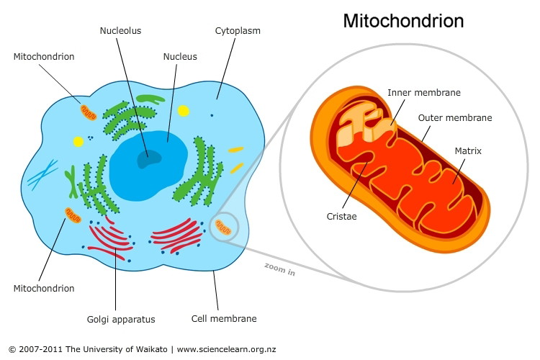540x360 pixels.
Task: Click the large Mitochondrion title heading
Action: [403, 21]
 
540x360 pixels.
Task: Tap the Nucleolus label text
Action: [120, 31]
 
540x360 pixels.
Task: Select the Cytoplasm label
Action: [238, 31]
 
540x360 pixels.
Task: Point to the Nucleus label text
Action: [180, 56]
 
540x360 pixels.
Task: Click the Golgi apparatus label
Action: [121, 320]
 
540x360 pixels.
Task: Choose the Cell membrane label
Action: [224, 319]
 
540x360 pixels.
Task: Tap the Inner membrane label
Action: [424, 93]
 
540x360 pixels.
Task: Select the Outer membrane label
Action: [455, 118]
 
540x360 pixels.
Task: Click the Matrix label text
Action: [468, 151]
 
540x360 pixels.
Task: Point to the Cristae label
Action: [341, 216]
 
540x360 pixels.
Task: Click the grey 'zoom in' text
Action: [280, 269]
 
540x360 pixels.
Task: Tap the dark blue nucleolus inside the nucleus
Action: [149, 160]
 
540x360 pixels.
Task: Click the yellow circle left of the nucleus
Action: [78, 142]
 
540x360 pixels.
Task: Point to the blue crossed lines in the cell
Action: [42, 175]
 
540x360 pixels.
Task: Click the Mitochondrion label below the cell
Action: [44, 288]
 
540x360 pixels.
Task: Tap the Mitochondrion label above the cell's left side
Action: [44, 56]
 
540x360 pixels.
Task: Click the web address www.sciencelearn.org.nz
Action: [226, 349]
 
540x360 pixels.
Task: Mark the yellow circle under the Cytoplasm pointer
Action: [183, 111]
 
